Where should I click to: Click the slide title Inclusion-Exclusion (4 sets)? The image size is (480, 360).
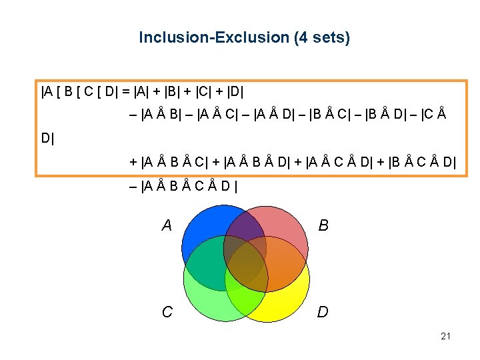[x=244, y=38]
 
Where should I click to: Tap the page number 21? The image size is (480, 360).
[x=445, y=336]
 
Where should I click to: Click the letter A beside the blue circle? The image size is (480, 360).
[x=167, y=226]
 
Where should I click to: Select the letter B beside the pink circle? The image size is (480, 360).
[x=323, y=226]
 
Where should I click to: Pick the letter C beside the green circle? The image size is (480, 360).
[x=167, y=311]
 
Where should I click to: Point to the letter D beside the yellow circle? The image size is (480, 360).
[x=323, y=311]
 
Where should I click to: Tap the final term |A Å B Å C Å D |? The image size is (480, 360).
[x=183, y=186]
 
